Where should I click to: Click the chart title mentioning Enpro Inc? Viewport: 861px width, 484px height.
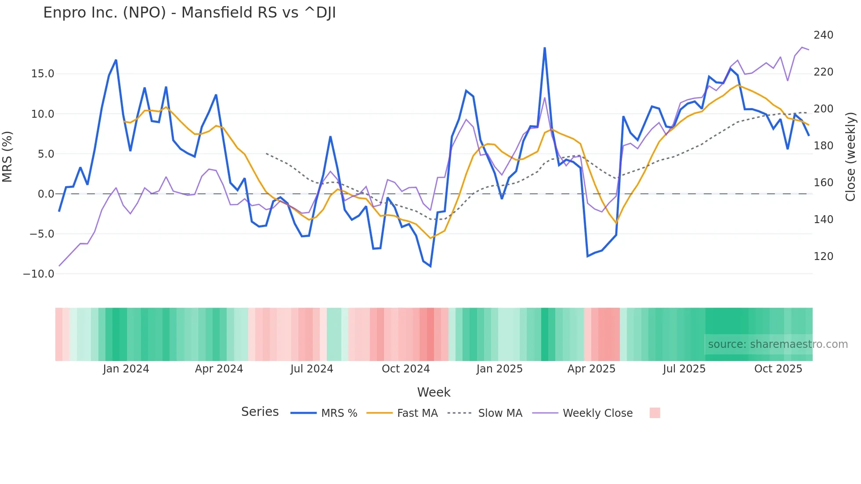(x=189, y=13)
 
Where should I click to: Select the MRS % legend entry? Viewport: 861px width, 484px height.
(x=339, y=413)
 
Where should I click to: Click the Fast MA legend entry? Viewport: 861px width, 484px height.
(x=417, y=413)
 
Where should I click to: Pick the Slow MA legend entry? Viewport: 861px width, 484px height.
(x=500, y=413)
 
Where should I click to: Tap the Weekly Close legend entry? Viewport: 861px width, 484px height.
(x=597, y=413)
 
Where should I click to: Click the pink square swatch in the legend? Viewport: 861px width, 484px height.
(x=655, y=413)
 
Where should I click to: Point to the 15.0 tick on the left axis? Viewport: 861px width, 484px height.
(x=43, y=74)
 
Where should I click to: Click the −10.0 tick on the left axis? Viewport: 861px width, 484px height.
(x=39, y=274)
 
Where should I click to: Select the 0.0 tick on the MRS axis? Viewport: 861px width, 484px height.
(x=46, y=194)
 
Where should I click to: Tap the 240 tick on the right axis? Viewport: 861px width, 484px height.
(x=823, y=35)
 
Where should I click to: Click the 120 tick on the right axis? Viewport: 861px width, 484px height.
(x=823, y=256)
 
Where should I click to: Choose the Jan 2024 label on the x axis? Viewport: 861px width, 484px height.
(x=126, y=369)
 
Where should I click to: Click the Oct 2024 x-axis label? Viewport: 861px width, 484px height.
(x=405, y=369)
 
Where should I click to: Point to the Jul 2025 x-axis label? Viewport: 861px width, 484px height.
(x=684, y=369)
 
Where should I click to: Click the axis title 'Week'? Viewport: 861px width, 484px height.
(x=434, y=392)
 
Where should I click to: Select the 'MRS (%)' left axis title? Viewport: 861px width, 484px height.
(x=7, y=157)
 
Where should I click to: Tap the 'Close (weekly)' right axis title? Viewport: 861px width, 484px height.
(x=851, y=157)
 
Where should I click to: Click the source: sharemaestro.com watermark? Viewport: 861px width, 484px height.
(x=778, y=344)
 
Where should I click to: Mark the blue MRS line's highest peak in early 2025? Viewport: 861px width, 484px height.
(x=545, y=48)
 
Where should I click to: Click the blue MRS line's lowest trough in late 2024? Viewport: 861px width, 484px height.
(x=430, y=266)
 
